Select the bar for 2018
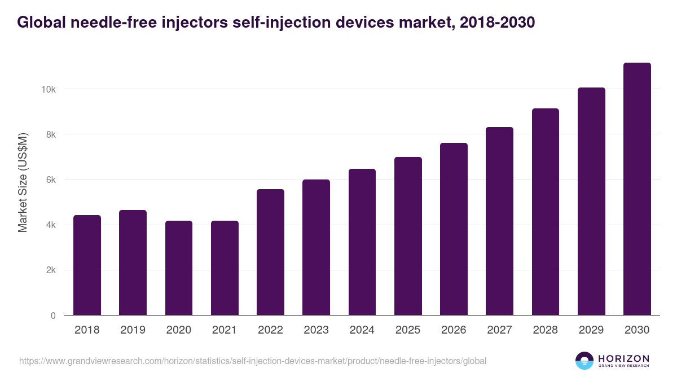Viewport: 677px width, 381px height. click(x=87, y=265)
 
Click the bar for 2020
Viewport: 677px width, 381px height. click(x=179, y=268)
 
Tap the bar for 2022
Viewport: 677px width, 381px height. click(x=270, y=252)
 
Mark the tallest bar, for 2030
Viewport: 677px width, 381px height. click(x=637, y=189)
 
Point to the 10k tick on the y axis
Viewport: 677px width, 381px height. click(x=47, y=89)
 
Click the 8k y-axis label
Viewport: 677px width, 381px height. click(x=50, y=134)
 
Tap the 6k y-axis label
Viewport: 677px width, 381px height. click(x=50, y=179)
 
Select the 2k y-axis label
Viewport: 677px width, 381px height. click(x=50, y=270)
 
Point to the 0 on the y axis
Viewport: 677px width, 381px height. click(x=53, y=316)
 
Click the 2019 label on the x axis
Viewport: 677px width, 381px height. click(x=133, y=330)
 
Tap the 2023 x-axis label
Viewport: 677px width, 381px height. click(x=316, y=330)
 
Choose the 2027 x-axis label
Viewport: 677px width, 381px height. click(x=499, y=330)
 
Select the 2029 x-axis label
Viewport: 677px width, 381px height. click(x=591, y=330)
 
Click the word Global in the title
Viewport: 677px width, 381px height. click(x=39, y=22)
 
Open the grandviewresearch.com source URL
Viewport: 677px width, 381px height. click(x=253, y=361)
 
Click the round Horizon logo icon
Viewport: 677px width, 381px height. click(x=584, y=361)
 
